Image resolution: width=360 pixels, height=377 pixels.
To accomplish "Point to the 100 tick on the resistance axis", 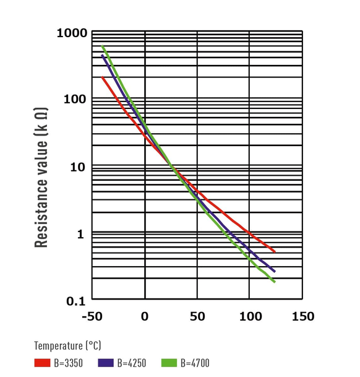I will (75, 100).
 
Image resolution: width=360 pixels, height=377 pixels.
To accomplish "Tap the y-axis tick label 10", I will (79, 167).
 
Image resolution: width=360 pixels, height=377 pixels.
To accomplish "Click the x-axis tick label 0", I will (145, 317).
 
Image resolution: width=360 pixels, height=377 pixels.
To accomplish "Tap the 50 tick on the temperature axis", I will (197, 317).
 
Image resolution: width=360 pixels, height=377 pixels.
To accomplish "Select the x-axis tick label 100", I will (250, 317).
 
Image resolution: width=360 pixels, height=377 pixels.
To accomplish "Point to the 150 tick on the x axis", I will (302, 317).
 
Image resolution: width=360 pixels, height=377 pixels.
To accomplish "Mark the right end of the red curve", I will (274, 252).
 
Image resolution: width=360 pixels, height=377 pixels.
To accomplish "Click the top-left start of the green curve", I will (103, 46).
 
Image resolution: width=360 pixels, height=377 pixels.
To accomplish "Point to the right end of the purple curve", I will (274, 271).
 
